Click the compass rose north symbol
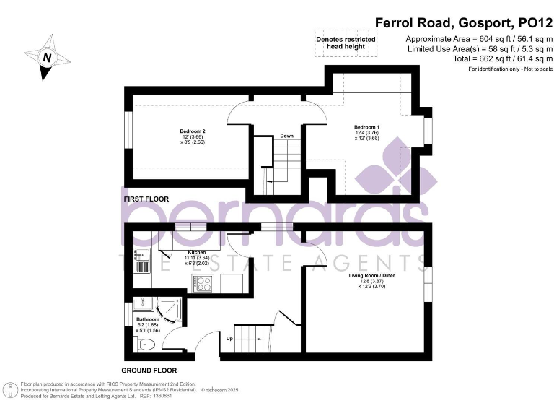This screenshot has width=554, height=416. tap(48, 57)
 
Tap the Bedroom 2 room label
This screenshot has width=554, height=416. tap(188, 131)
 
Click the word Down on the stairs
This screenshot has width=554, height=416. tap(286, 136)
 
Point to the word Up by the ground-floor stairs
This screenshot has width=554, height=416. tap(230, 338)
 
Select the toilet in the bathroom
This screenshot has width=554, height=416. tap(146, 344)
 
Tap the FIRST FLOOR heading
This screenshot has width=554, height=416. tap(145, 199)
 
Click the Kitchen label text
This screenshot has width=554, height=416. tap(177, 252)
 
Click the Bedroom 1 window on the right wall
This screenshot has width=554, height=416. tap(428, 131)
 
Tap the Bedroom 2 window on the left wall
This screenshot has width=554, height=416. tap(127, 136)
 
